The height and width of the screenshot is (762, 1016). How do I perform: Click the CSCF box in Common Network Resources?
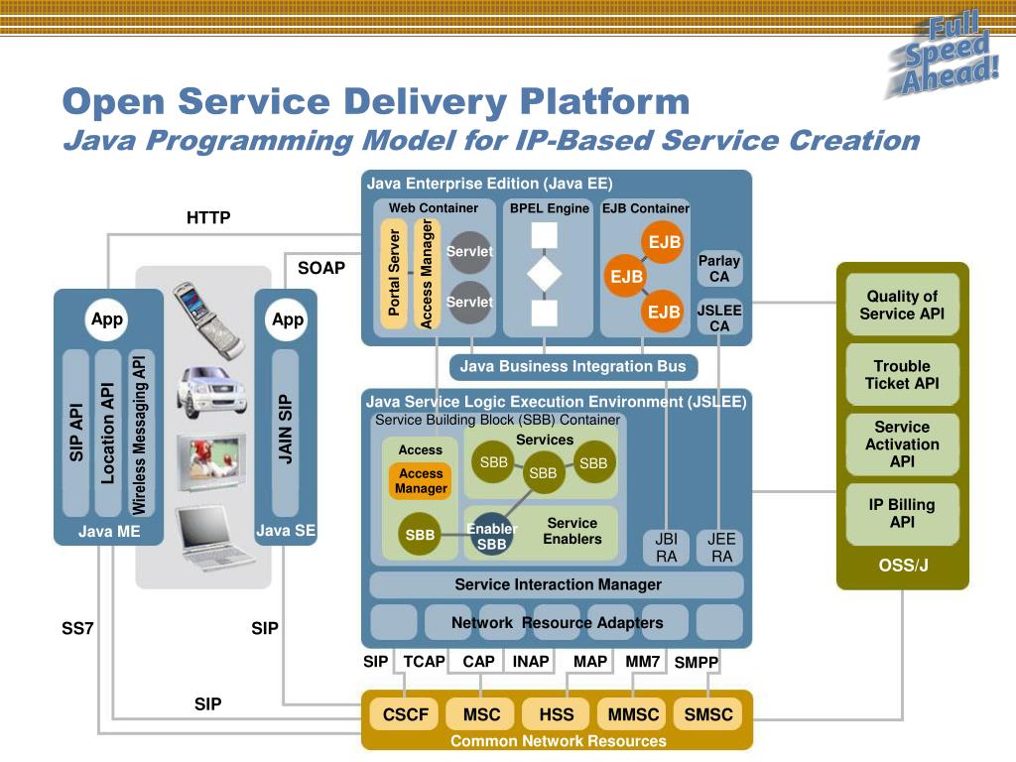[x=406, y=714]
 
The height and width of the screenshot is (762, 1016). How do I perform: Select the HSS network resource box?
[x=557, y=714]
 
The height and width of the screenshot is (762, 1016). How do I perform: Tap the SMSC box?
[x=708, y=714]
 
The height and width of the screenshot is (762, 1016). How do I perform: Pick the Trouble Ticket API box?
[x=902, y=375]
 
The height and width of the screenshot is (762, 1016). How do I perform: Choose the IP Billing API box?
[x=902, y=513]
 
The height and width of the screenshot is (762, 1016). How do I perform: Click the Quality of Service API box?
[x=902, y=305]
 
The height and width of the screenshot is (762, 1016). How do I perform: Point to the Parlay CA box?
[x=719, y=269]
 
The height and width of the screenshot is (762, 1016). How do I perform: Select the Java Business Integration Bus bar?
[x=572, y=367]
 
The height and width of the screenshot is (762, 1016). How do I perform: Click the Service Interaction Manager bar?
[x=558, y=584]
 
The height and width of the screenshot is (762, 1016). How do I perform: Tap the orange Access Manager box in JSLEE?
[x=421, y=481]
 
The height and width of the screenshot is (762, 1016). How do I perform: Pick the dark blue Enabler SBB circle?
[x=492, y=536]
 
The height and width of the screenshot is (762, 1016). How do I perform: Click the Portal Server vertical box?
[x=394, y=273]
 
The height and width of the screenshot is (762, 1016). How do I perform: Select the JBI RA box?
[x=667, y=548]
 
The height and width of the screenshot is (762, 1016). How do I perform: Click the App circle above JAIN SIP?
[x=288, y=319]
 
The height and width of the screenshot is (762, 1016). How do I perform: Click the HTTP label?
[x=208, y=217]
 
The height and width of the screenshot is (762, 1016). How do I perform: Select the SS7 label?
[x=77, y=628]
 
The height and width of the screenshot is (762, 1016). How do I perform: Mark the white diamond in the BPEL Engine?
[x=544, y=274]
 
